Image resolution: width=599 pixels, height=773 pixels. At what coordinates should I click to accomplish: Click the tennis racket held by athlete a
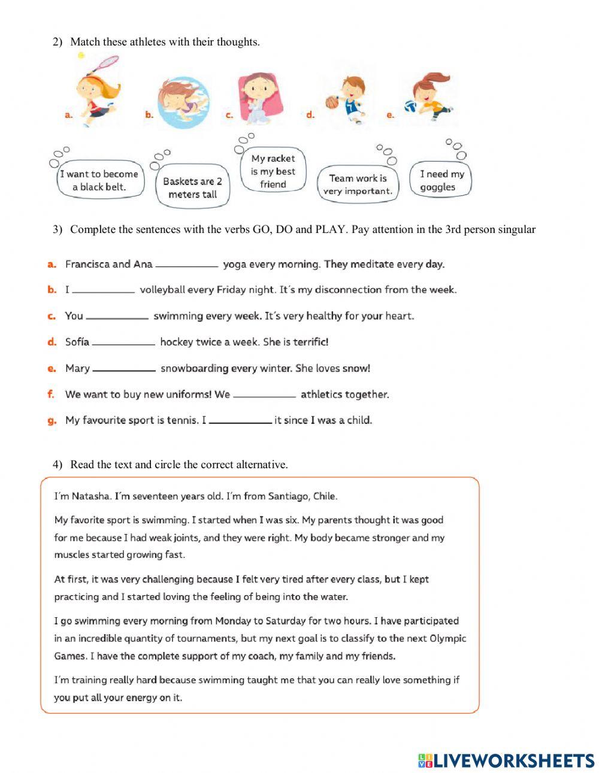coord(108,62)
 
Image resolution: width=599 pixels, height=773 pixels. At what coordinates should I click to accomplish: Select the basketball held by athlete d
coord(332,102)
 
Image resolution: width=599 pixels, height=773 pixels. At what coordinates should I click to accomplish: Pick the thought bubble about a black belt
coord(99,180)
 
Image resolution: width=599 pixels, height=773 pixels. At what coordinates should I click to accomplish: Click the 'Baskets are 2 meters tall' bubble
coord(192,187)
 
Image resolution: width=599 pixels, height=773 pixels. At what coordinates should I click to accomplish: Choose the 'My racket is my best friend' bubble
coord(273,171)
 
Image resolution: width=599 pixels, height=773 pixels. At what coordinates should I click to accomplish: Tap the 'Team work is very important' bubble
coord(358,184)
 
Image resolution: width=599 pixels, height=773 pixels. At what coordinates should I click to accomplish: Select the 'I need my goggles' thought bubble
coord(441,180)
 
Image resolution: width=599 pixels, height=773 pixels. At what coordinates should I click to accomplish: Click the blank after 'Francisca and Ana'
coord(187,265)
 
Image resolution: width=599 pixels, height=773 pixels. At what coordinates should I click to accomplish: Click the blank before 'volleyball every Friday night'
coord(103,290)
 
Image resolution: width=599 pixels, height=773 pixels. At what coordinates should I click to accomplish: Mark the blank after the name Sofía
coord(123,342)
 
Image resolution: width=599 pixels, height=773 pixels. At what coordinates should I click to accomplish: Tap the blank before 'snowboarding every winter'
coord(124,369)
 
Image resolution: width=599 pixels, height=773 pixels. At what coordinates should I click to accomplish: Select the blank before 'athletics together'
coord(264,395)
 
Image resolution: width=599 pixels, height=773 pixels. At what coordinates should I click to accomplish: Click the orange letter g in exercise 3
coord(52,421)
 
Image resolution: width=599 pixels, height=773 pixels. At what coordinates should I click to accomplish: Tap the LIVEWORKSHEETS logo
coord(506,760)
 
